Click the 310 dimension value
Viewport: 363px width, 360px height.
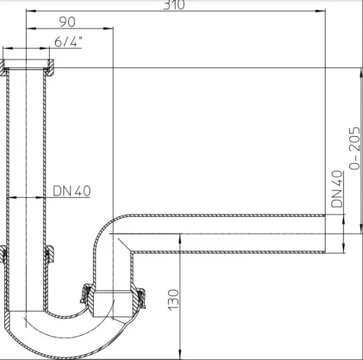174,5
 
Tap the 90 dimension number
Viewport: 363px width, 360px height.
67,22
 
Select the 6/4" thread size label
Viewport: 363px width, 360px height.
68,42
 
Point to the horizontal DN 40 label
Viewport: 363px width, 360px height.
72,191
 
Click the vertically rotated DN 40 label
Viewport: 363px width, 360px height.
337,189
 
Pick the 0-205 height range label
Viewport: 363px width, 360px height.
355,148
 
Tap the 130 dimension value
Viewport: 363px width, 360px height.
173,300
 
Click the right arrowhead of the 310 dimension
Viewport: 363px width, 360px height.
321,11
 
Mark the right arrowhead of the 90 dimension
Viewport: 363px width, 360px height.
108,28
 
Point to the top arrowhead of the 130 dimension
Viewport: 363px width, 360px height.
180,238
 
